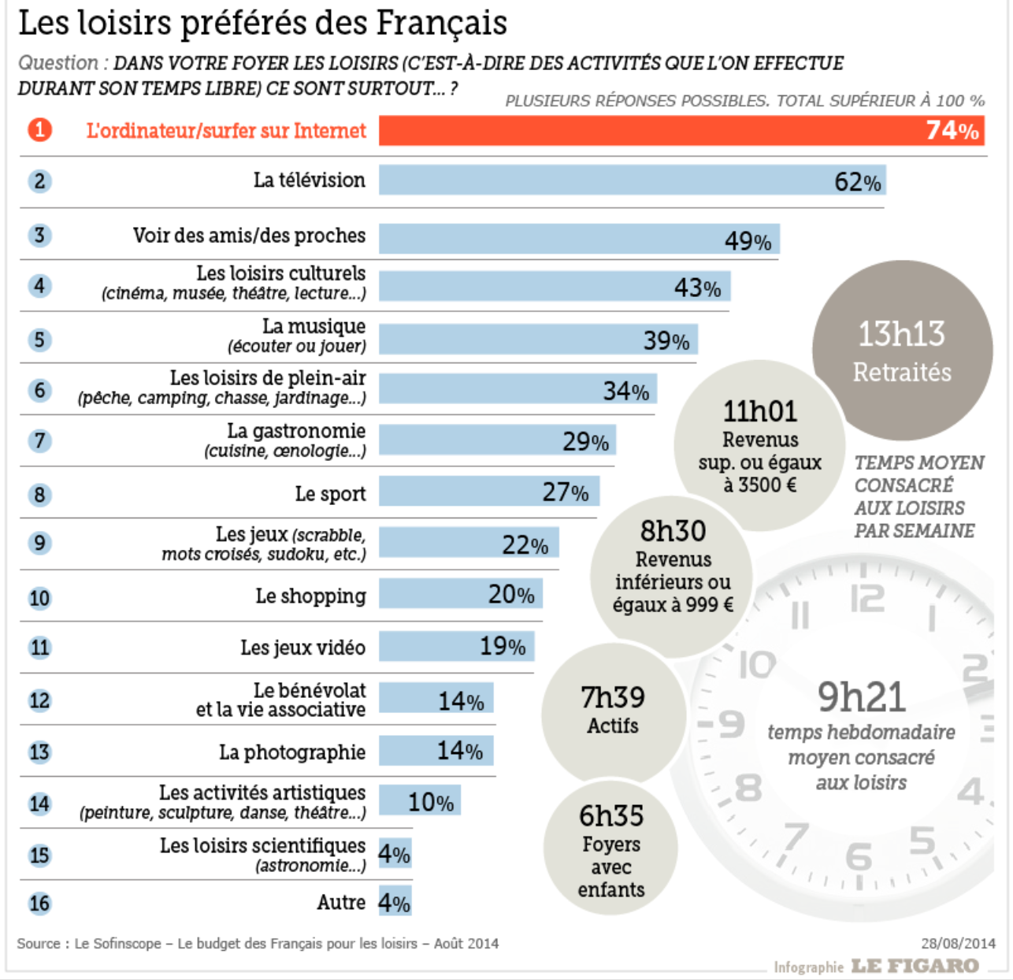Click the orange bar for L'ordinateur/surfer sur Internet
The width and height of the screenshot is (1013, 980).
point(646,131)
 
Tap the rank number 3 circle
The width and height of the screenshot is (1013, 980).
point(39,236)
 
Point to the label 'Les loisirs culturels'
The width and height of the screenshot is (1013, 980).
point(280,273)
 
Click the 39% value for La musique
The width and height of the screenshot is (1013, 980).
point(666,341)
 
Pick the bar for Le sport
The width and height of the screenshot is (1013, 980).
point(488,492)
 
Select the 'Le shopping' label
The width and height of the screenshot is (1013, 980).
point(310,596)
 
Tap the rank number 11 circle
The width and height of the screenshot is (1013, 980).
point(39,648)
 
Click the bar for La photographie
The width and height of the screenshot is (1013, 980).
point(436,751)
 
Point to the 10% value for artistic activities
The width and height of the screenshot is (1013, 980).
point(430,803)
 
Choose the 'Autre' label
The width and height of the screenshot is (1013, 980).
point(341,903)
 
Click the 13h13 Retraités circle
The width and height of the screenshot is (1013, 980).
point(902,351)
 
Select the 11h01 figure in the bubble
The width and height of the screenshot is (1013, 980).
point(759,411)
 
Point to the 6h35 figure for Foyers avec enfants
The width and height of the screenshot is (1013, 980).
point(611,816)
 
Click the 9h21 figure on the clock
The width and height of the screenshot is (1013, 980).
point(861,697)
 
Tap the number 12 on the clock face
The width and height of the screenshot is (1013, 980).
point(866,599)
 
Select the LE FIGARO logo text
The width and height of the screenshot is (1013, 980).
point(915,966)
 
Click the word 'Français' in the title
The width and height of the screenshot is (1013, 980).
point(441,23)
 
